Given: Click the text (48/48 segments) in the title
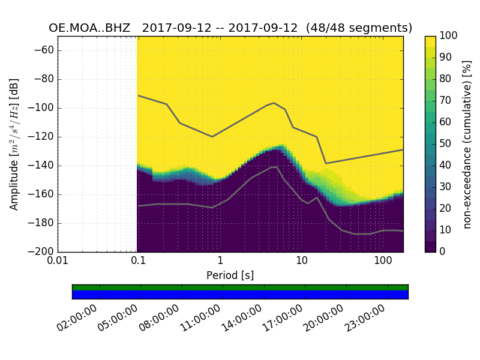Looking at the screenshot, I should coord(359,28).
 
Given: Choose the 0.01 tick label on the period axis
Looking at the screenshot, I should coord(58,262).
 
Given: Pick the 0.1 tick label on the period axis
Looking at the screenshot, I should coord(139,262).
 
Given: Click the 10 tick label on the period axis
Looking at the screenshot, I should coord(302,262).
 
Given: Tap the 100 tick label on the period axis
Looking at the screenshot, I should coord(383,262).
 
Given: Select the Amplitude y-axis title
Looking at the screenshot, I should coord(14,144).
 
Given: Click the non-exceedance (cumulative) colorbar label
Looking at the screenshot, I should coord(469,144).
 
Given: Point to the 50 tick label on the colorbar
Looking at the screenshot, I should coord(446,144).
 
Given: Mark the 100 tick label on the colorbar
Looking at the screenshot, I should coord(449,36).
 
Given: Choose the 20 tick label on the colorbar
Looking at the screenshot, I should coord(446,209).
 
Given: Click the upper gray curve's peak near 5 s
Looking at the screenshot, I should coord(274,103).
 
